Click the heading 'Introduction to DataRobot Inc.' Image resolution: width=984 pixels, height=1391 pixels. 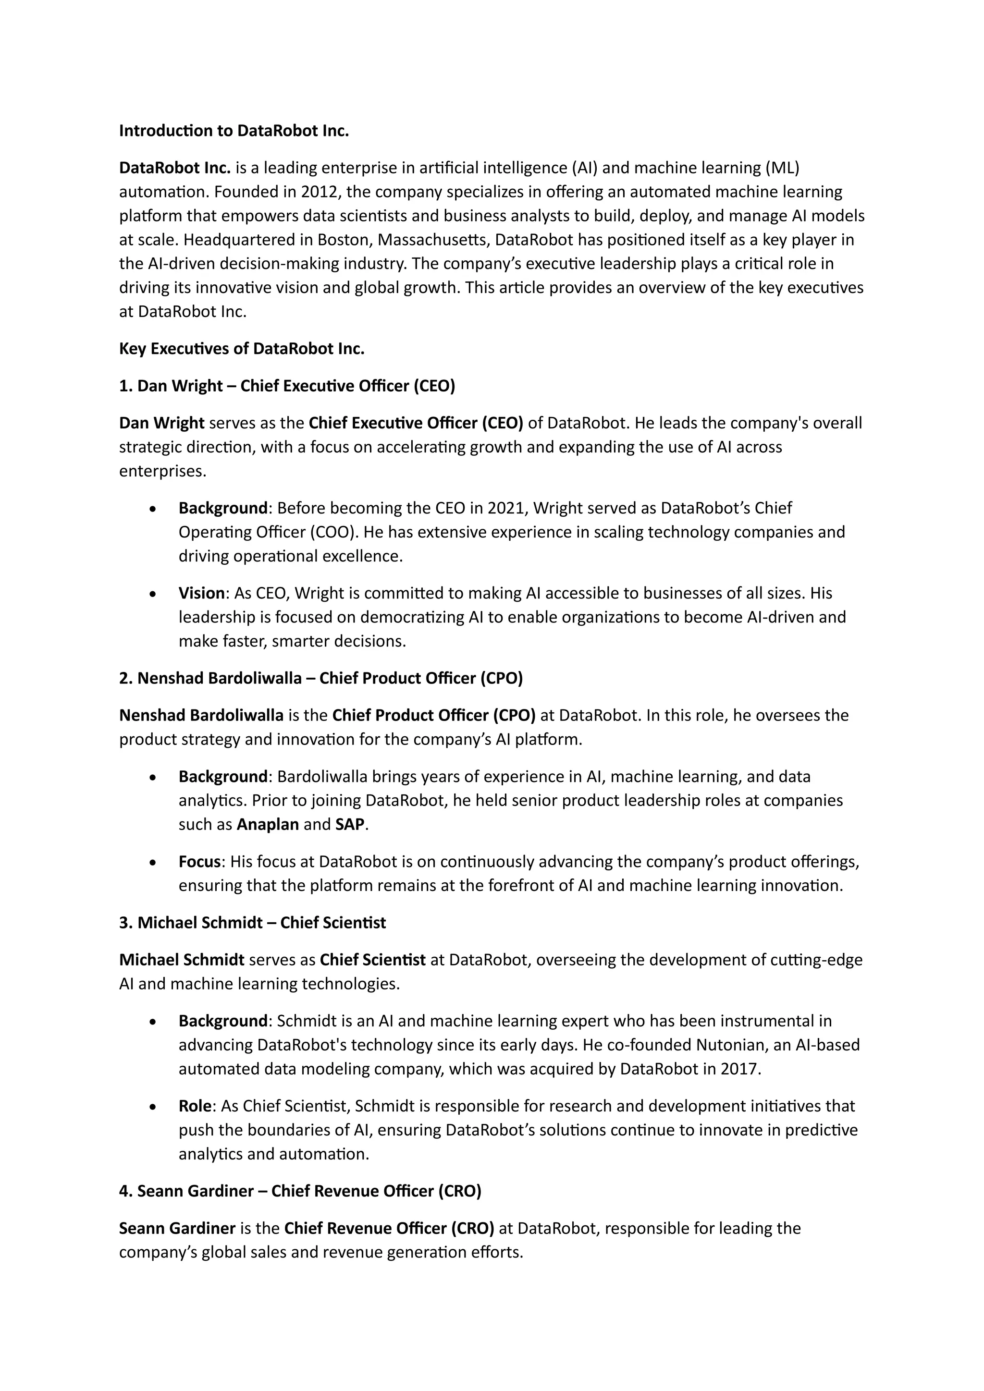234,131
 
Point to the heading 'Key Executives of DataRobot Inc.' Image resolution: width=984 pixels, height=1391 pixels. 242,349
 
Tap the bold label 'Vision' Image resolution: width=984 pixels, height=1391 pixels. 201,593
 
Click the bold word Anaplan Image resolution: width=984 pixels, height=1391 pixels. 268,825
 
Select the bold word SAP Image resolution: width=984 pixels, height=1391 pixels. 350,825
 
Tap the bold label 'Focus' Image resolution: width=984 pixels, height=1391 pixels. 199,862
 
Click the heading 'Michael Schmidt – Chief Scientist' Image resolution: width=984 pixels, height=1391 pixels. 252,923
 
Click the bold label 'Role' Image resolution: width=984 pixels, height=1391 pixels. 195,1106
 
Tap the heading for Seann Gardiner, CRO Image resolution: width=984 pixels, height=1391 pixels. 300,1191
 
